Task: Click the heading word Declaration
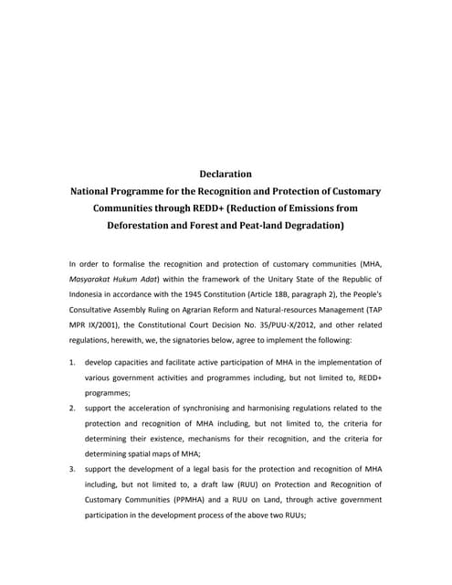(225, 173)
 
